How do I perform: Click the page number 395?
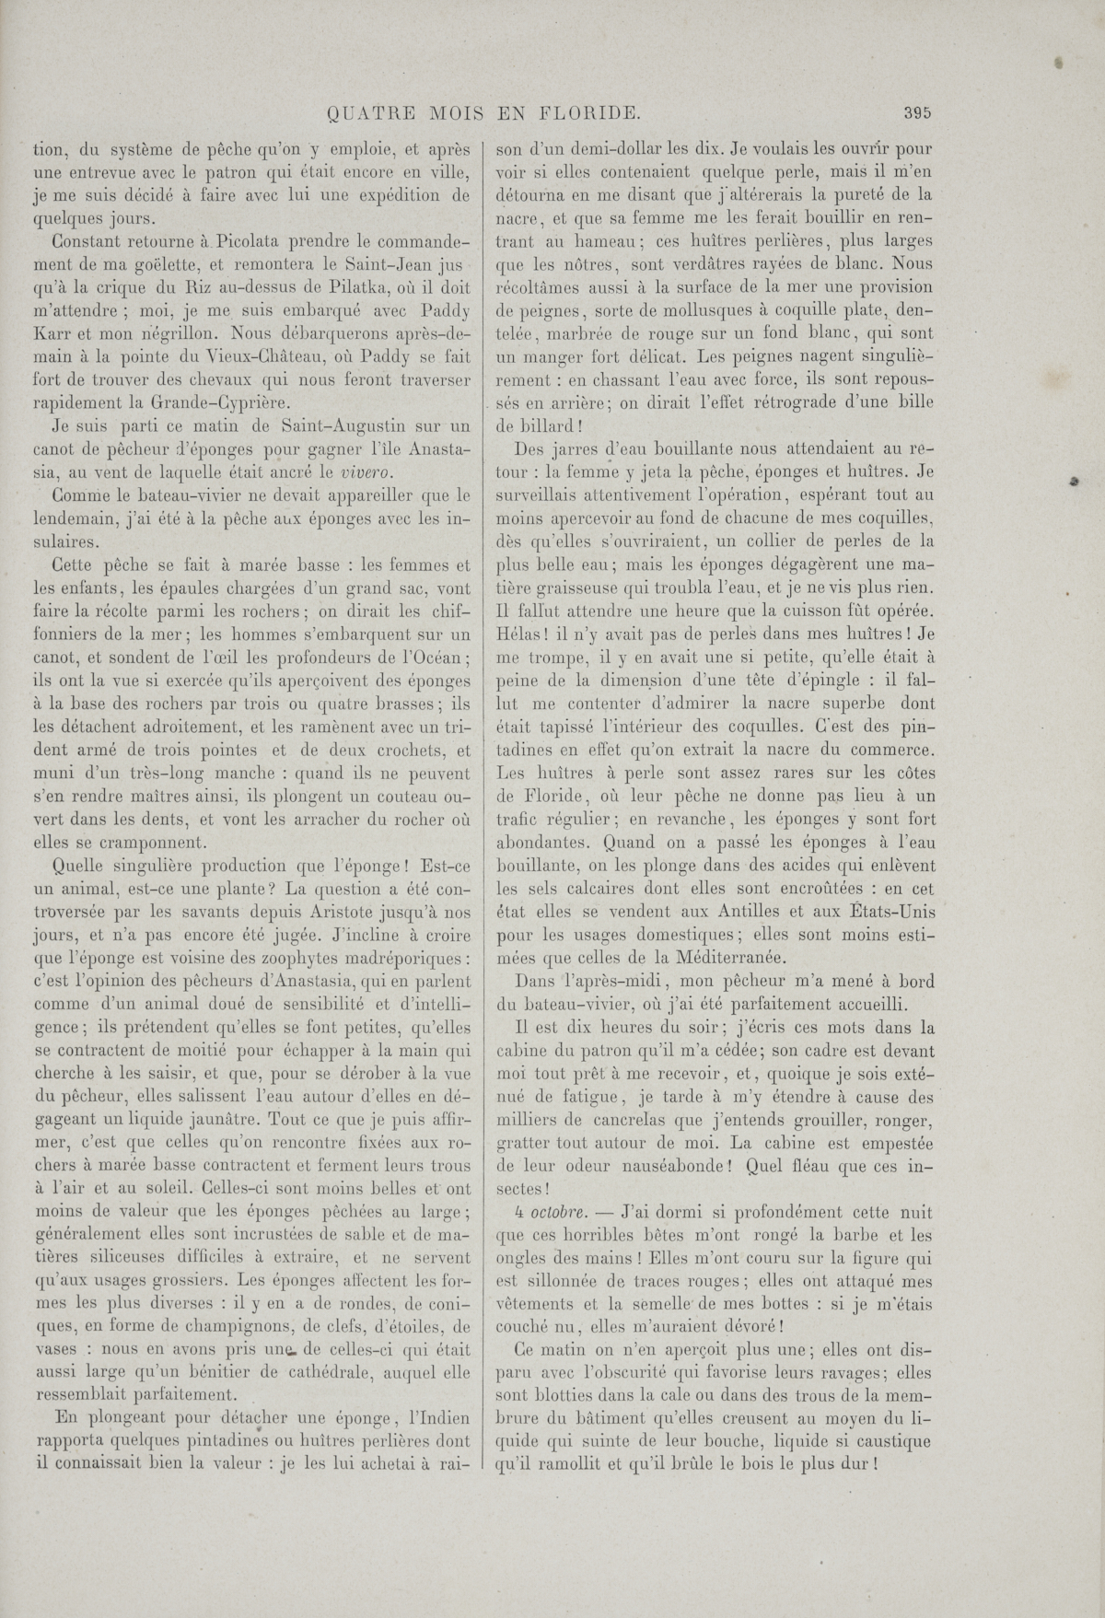tap(918, 114)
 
